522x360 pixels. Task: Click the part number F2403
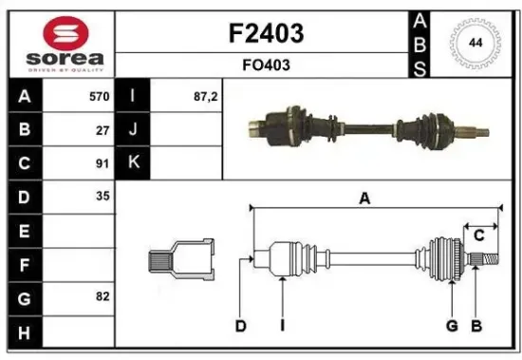click(x=266, y=34)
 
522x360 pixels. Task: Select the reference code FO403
click(x=266, y=66)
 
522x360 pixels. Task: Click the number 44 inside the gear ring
click(x=474, y=42)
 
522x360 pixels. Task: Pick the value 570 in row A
click(x=98, y=96)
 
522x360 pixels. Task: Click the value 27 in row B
click(x=103, y=129)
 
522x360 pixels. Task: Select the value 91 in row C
click(x=103, y=162)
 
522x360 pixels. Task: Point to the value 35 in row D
click(x=103, y=197)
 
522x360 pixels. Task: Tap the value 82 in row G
click(x=103, y=296)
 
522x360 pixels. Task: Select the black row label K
click(x=132, y=162)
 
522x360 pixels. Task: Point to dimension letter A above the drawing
click(x=364, y=198)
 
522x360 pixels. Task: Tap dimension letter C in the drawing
click(x=479, y=235)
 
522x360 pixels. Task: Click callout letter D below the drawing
click(x=240, y=327)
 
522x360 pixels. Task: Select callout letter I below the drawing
click(x=282, y=327)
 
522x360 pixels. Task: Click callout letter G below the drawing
click(x=452, y=327)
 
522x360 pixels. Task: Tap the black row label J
click(x=132, y=129)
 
